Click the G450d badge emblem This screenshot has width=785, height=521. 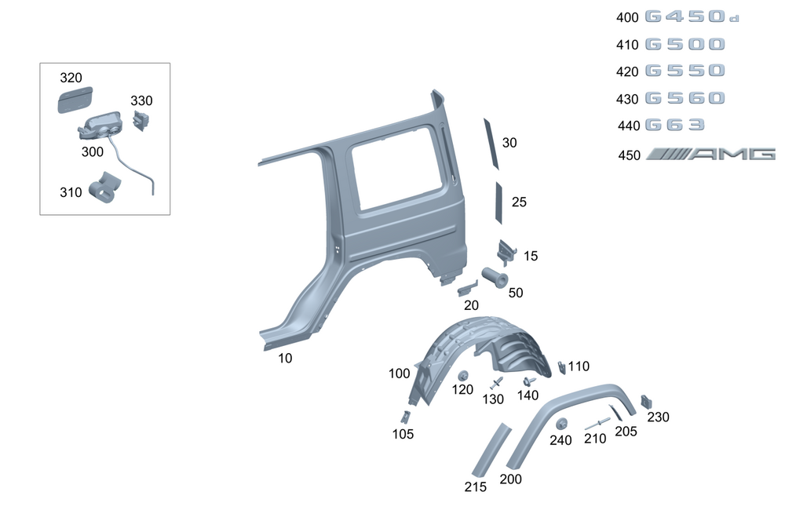tap(692, 16)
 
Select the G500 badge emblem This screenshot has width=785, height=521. tap(685, 45)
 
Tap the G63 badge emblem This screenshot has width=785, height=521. tap(674, 125)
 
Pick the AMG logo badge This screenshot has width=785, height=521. tap(710, 155)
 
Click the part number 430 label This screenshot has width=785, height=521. tap(627, 99)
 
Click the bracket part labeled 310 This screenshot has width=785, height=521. tap(104, 188)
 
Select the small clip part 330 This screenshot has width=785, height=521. tap(141, 120)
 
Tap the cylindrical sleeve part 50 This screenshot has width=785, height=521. tap(495, 277)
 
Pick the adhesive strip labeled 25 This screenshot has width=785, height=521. tap(498, 202)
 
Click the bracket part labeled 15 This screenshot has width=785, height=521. tap(506, 251)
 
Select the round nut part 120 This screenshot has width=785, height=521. tap(463, 376)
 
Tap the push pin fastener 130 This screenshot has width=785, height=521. tap(496, 384)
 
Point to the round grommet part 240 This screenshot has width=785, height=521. tap(562, 424)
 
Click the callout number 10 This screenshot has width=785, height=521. tap(285, 359)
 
